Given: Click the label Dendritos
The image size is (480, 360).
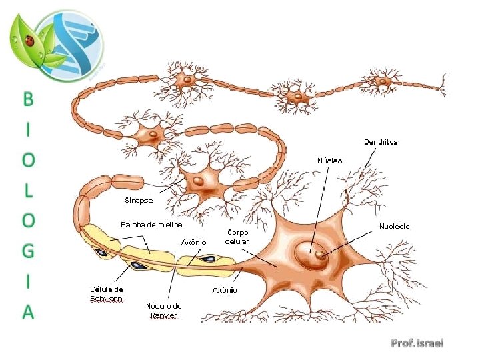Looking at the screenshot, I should (381, 142).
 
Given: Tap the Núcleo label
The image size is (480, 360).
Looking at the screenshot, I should (329, 161).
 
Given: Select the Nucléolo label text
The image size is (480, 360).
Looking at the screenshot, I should (395, 226).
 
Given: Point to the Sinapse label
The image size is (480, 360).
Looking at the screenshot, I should (139, 200).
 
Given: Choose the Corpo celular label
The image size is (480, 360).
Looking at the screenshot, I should (237, 236).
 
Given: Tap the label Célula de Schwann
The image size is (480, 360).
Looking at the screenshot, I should (107, 294).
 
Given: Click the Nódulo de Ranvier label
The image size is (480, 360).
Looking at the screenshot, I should (163, 311).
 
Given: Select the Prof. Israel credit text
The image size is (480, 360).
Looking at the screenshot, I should (417, 343).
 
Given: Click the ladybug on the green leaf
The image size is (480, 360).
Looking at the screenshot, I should (29, 41).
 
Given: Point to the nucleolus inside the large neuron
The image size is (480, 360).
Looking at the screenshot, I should (321, 254).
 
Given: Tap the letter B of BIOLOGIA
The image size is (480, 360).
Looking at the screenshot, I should (28, 99).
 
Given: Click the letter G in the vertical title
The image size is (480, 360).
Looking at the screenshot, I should (28, 251).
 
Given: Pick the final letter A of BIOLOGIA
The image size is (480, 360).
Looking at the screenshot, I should (28, 311).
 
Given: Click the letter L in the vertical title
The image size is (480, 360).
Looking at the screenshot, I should (28, 191).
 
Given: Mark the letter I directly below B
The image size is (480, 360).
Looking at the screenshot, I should (28, 130).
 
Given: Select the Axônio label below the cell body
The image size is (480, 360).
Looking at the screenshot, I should (225, 290).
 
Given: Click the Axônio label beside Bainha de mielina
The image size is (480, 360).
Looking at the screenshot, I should (194, 242).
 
